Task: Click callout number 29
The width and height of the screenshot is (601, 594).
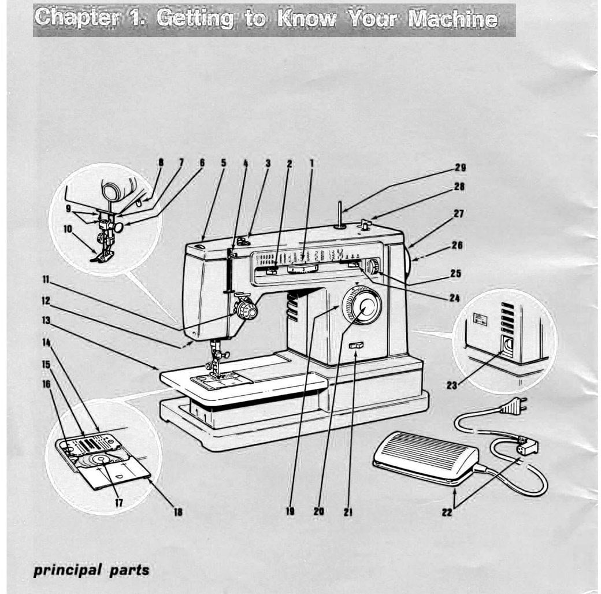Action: (x=460, y=168)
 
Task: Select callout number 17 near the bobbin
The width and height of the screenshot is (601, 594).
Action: (x=118, y=503)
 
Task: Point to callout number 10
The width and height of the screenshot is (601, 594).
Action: (x=68, y=229)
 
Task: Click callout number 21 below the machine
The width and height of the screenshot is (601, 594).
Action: (x=348, y=511)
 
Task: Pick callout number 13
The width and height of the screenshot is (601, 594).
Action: (x=46, y=320)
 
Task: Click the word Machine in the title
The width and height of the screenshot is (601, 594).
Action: (x=452, y=19)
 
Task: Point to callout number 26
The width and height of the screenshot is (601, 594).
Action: (x=457, y=245)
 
